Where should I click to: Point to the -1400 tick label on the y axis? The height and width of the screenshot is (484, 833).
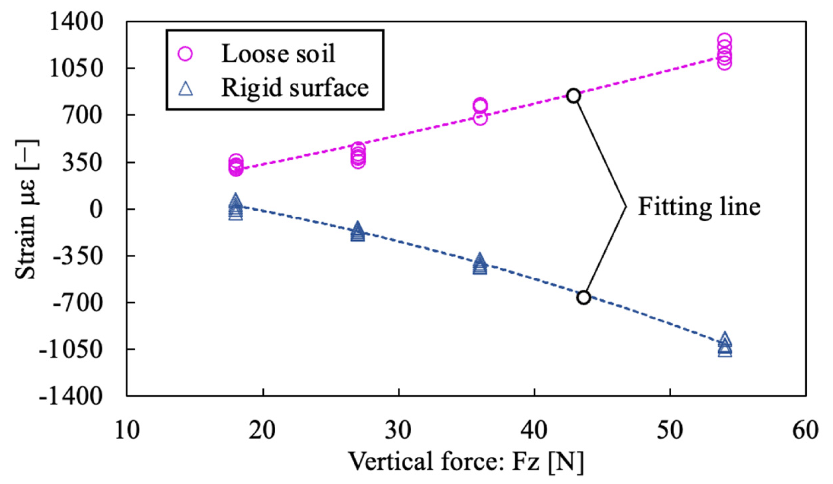(x=71, y=396)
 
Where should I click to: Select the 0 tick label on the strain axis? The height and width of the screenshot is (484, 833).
(x=96, y=209)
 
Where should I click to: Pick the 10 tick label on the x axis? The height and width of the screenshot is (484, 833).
(x=127, y=430)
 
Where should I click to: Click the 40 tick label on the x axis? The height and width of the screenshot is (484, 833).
(x=534, y=430)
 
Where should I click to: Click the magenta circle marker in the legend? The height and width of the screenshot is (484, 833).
(x=185, y=54)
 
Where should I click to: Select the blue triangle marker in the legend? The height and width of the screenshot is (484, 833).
(x=186, y=88)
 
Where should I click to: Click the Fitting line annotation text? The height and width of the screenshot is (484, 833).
(x=699, y=207)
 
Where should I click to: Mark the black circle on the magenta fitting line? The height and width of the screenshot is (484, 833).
(x=573, y=96)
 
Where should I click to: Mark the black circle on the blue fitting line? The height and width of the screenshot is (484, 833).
(x=583, y=297)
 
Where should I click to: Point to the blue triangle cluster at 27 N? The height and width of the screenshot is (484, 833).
(x=358, y=232)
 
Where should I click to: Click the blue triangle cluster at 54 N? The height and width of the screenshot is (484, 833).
(x=725, y=345)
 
